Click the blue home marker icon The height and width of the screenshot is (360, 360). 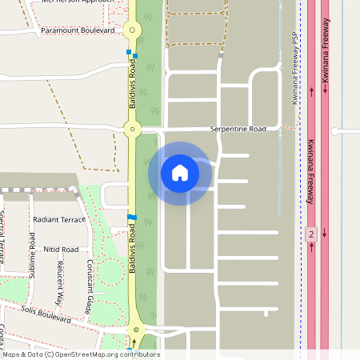(x=180, y=173)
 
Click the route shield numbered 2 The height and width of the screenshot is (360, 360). (x=311, y=234)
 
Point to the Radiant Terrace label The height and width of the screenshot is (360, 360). (x=58, y=219)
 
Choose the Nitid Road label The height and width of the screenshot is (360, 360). (x=61, y=250)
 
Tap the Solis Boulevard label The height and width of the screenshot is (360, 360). (x=46, y=313)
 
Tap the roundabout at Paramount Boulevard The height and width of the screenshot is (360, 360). (x=133, y=30)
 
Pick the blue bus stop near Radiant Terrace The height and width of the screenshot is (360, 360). (x=132, y=217)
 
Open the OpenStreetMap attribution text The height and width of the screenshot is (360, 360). (x=80, y=354)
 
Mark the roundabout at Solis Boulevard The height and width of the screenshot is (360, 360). (x=136, y=330)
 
